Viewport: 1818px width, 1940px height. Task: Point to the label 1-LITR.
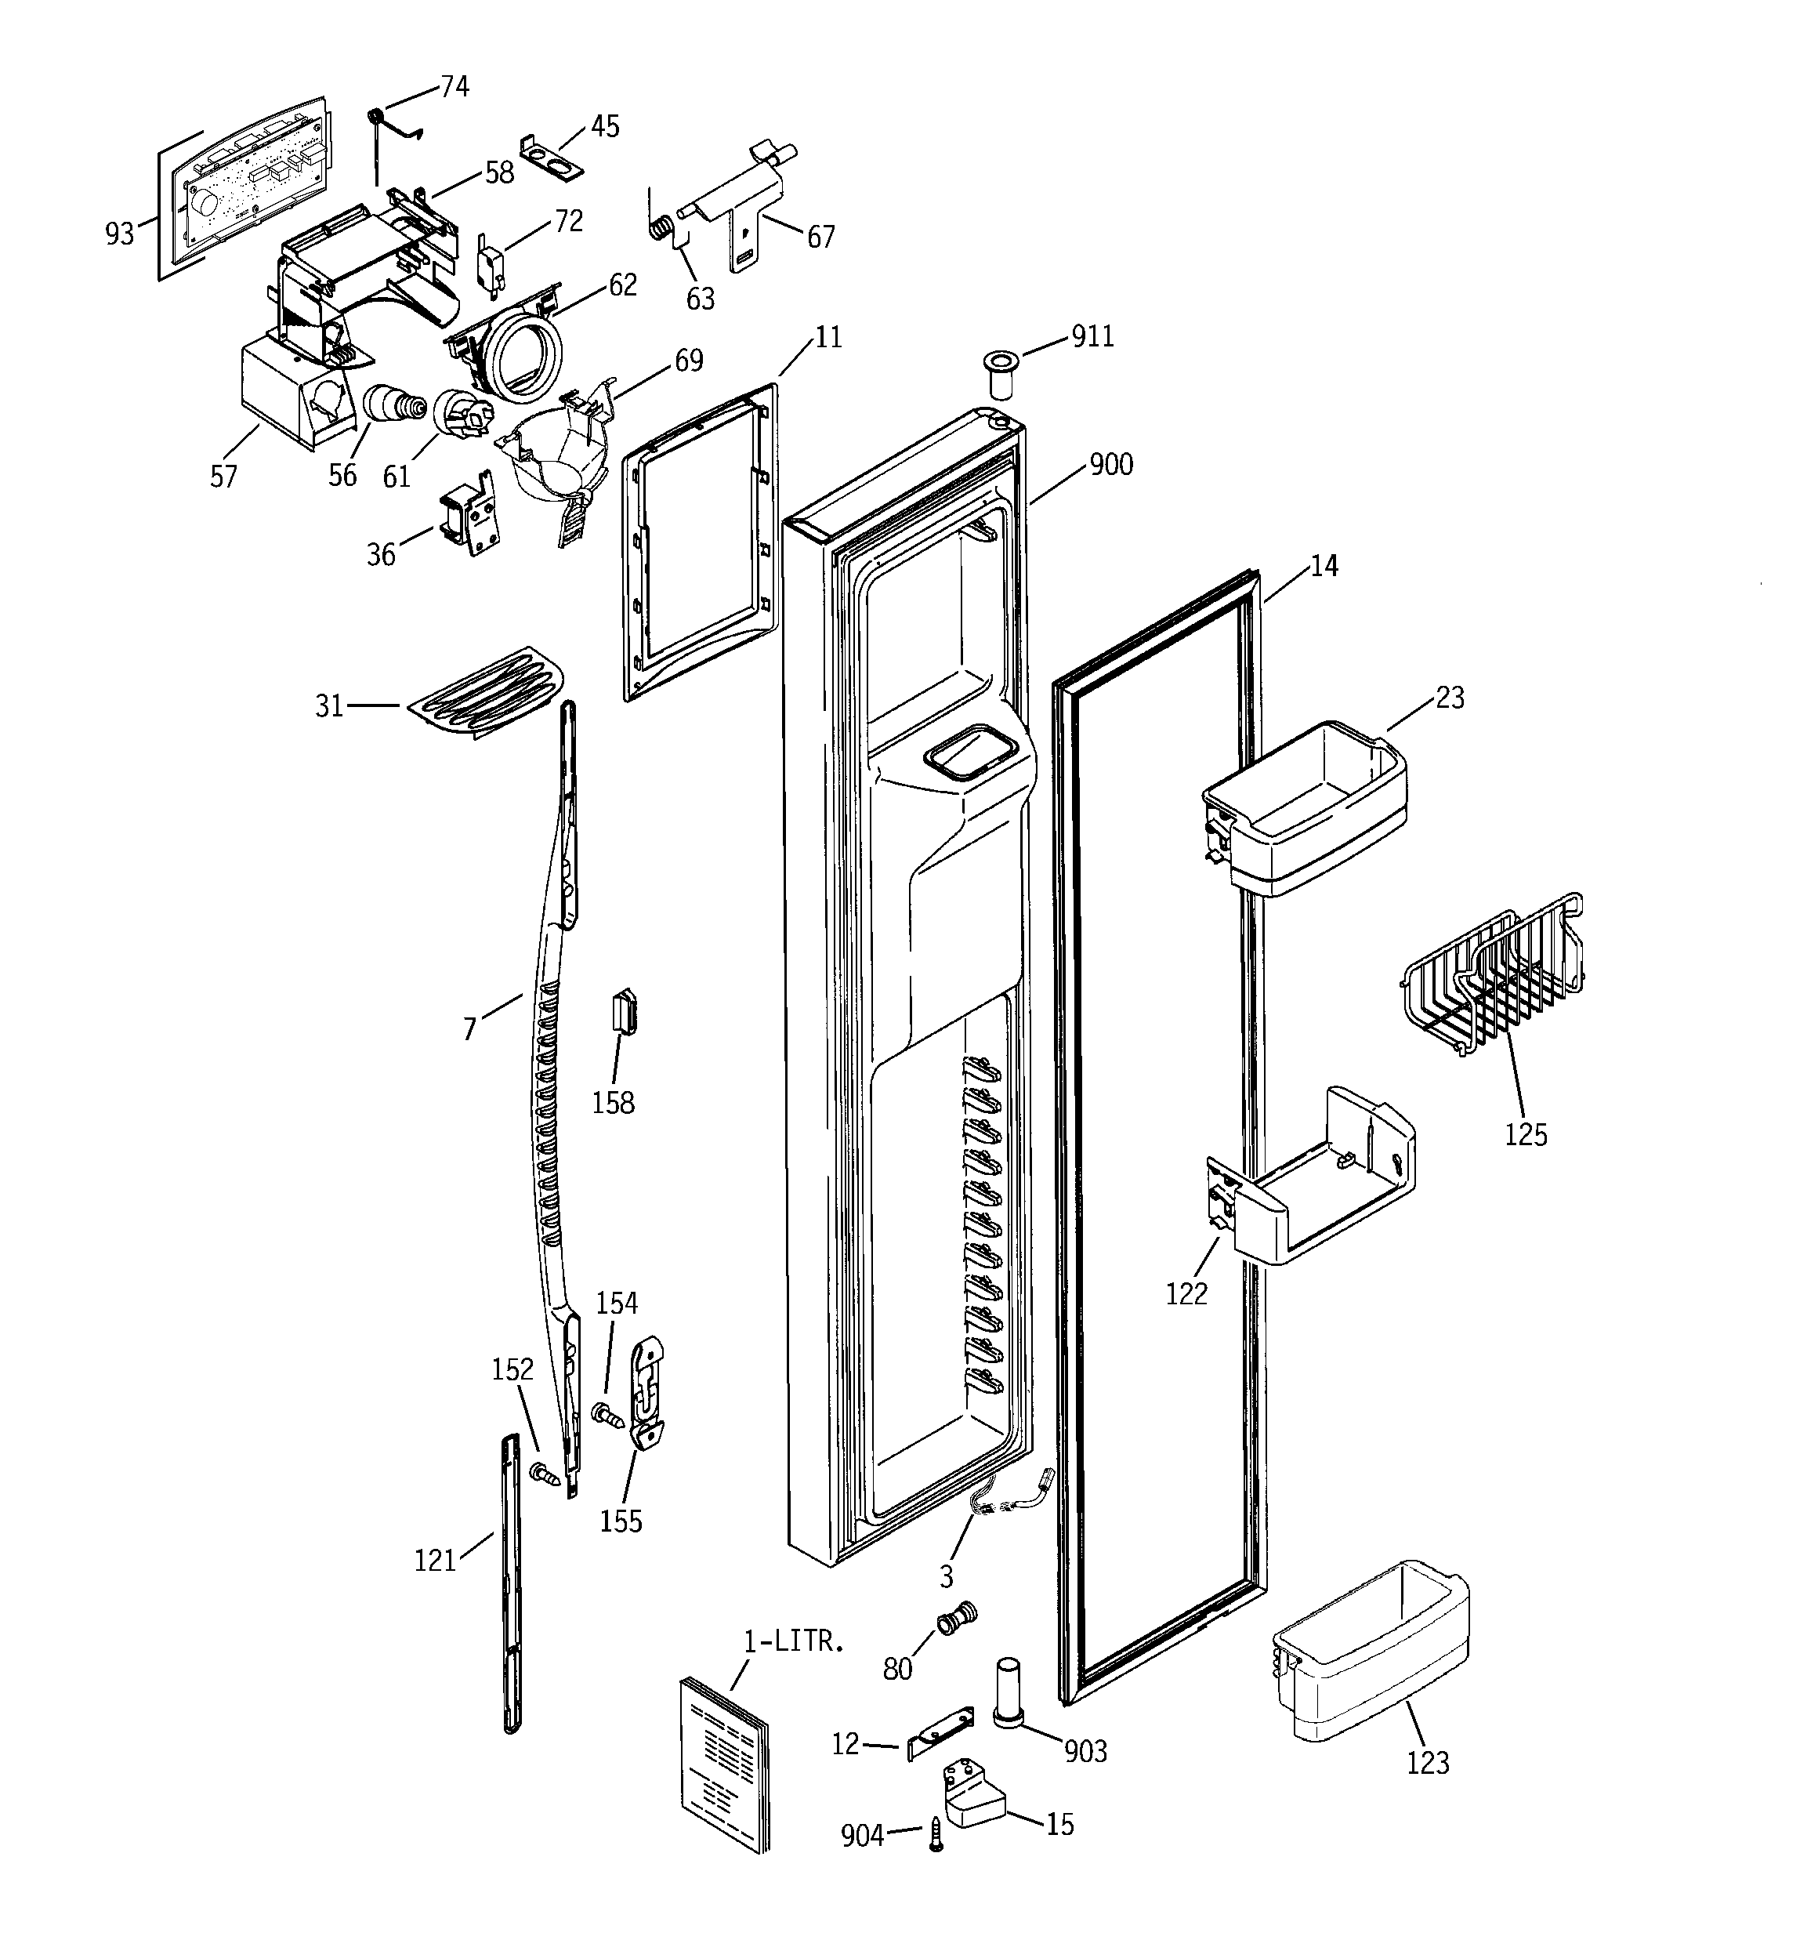point(792,1641)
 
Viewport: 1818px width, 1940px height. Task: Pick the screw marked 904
point(936,1835)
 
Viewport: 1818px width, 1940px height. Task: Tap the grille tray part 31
point(486,689)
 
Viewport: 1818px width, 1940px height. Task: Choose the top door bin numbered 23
point(1308,806)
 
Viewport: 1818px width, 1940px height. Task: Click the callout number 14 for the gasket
point(1324,565)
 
